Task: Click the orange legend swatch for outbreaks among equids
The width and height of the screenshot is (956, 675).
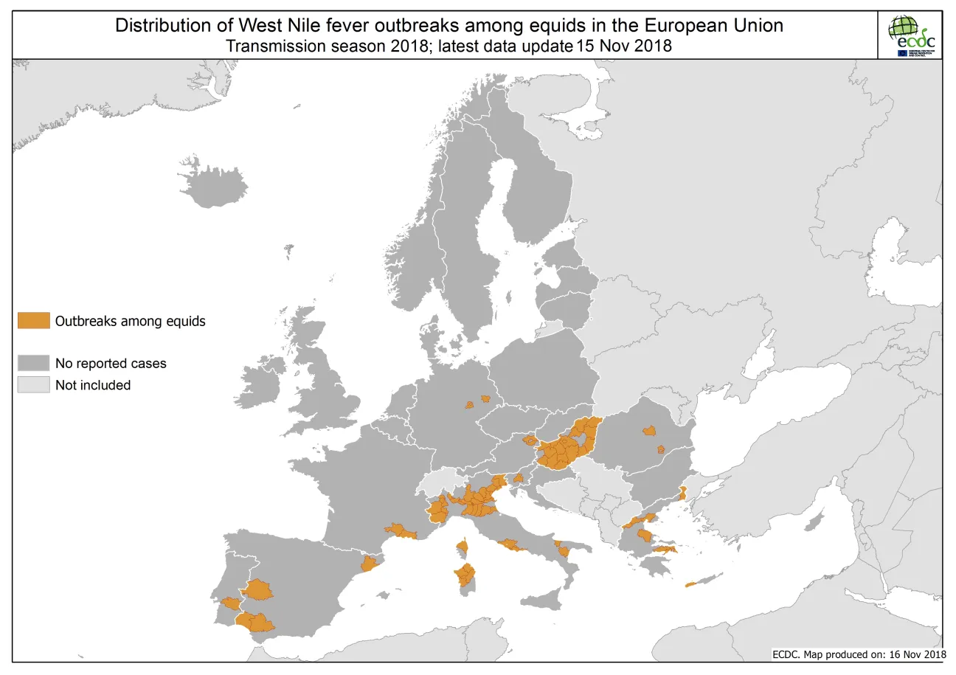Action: [33, 320]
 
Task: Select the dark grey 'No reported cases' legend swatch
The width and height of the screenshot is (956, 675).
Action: [33, 363]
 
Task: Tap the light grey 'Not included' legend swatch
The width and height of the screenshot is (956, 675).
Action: [33, 384]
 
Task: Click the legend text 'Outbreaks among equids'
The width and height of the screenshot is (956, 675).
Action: [130, 321]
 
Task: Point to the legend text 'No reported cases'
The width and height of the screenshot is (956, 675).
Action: [111, 364]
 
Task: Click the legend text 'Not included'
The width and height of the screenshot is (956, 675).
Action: [92, 385]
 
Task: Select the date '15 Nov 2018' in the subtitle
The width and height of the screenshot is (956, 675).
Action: [625, 46]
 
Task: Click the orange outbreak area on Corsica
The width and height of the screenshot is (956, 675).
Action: [463, 547]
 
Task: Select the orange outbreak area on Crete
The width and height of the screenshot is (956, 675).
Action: [690, 585]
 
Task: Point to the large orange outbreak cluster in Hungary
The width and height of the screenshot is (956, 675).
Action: [568, 446]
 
